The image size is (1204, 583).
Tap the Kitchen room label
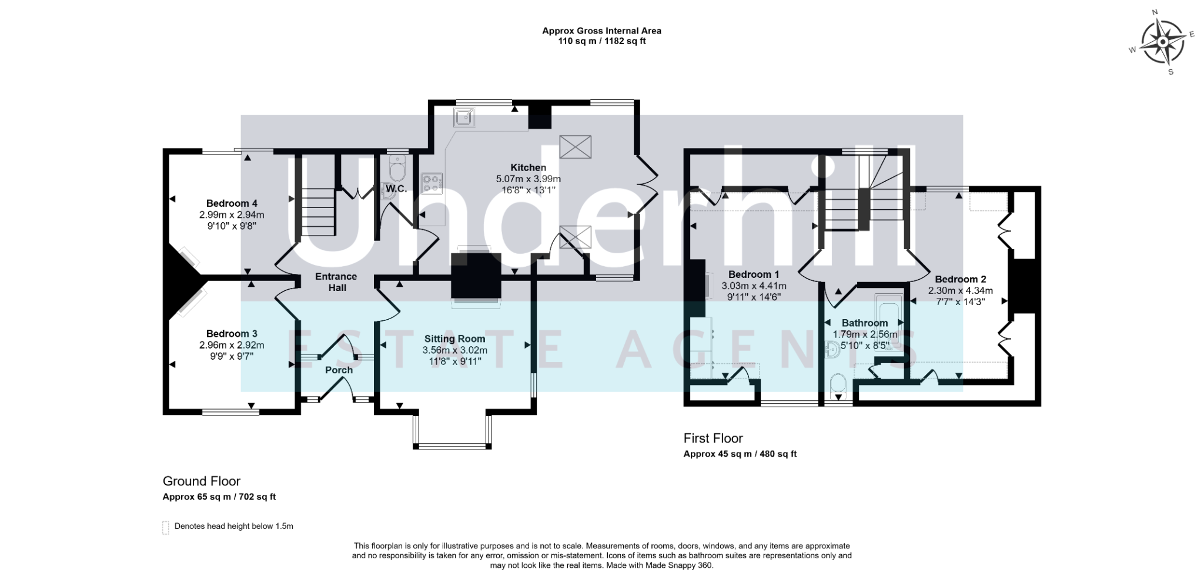click(528, 167)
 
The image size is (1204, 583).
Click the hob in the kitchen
click(432, 182)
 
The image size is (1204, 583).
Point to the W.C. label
click(396, 189)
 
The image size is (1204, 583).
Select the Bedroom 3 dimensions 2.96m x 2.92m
click(232, 345)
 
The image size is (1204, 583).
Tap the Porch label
click(339, 370)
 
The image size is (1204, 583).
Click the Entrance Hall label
click(336, 282)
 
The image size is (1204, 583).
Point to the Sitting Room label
click(454, 339)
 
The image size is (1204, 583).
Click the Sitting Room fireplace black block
click(476, 275)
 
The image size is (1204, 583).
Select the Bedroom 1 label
click(754, 274)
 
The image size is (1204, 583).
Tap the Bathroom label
click(864, 323)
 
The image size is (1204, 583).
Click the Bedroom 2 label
click(960, 279)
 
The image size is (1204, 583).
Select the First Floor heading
click(713, 438)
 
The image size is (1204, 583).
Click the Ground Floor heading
click(201, 481)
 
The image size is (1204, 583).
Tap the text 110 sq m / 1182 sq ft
click(601, 41)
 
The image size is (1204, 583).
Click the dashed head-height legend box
click(166, 527)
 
